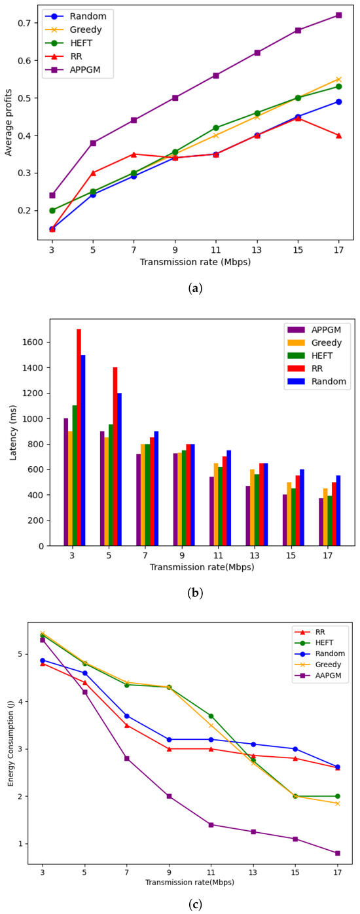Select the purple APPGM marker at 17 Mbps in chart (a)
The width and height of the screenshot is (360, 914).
[338, 15]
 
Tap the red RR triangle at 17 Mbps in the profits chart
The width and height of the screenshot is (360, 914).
[338, 136]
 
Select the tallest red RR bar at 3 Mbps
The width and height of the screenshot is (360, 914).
[79, 437]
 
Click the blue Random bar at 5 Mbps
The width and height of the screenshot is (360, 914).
[120, 469]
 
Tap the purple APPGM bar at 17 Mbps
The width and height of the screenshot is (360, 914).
[321, 522]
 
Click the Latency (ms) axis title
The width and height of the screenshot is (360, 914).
[14, 432]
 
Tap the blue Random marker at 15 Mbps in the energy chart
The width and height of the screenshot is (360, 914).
[295, 749]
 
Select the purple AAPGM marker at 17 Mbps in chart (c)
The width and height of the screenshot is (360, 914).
[338, 853]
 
